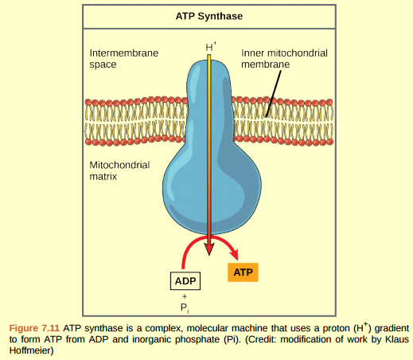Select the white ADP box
coord(185,281)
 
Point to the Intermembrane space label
coord(123,57)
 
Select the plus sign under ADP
coord(184,296)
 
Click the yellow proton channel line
coord(209,143)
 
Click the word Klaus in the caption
coord(390,338)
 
